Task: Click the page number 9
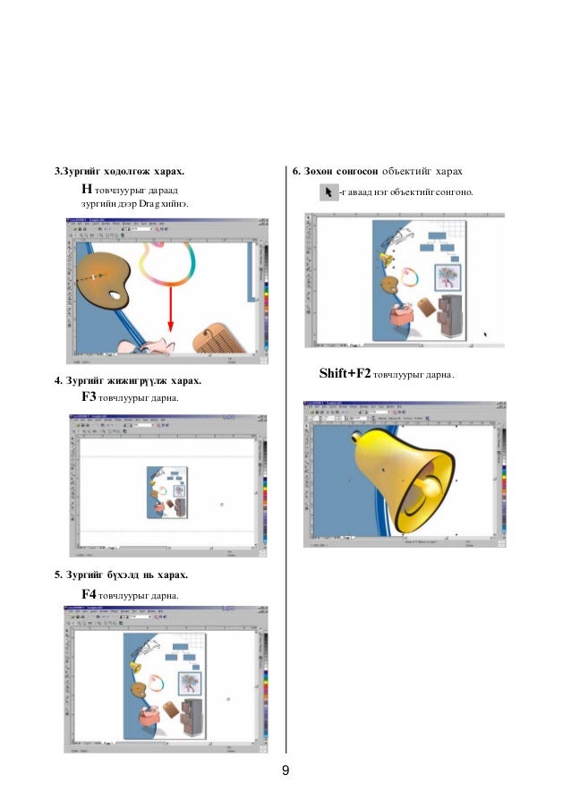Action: (285, 770)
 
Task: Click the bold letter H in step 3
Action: (87, 190)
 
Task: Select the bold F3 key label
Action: (89, 396)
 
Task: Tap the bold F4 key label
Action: (89, 593)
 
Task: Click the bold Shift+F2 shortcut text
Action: (345, 373)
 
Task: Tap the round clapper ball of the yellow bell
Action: (429, 489)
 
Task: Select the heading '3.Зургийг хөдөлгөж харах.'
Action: (117, 170)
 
